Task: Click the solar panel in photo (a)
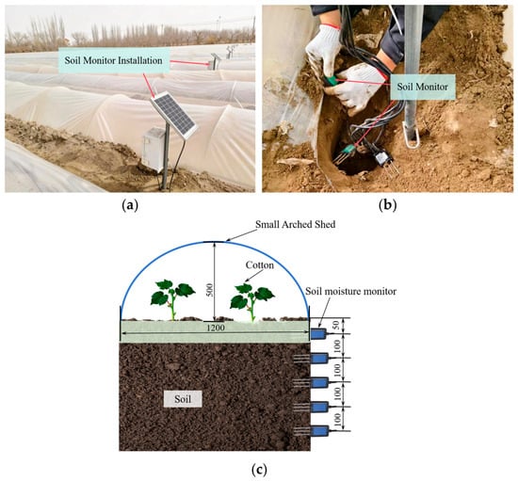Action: click(x=174, y=116)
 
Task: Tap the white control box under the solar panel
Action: click(x=154, y=150)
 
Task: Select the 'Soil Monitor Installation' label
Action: click(x=114, y=60)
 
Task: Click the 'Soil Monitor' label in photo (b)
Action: click(x=423, y=87)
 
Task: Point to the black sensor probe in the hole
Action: click(x=385, y=161)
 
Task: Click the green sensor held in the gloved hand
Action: click(x=332, y=81)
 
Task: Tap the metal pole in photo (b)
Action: click(x=413, y=76)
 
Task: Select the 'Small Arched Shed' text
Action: click(x=296, y=224)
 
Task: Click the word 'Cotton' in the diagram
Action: click(x=260, y=265)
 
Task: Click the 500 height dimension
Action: click(x=209, y=290)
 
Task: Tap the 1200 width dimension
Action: click(x=216, y=328)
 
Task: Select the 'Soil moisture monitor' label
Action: click(x=350, y=291)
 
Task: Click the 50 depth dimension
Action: click(x=335, y=325)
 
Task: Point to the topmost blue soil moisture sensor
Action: click(x=319, y=334)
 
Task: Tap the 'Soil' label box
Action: click(x=183, y=399)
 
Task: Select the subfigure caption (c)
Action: click(x=259, y=470)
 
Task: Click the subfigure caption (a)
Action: click(x=130, y=205)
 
